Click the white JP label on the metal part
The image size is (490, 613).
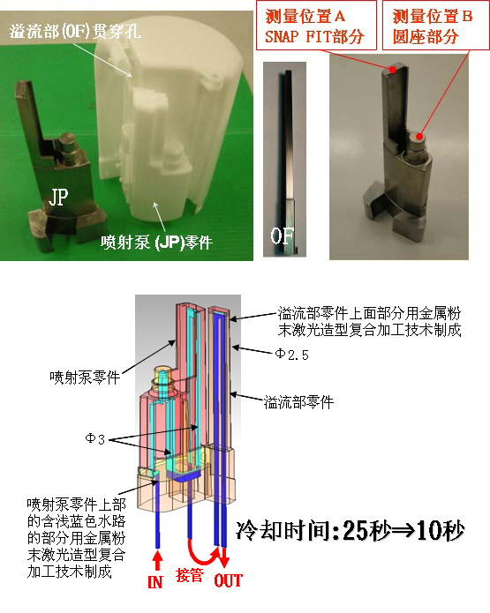tap(58, 197)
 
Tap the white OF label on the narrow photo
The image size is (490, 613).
tap(282, 235)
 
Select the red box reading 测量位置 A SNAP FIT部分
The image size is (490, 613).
tap(316, 26)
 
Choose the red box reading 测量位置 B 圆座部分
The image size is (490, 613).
tap(435, 26)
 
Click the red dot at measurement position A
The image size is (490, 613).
tap(393, 69)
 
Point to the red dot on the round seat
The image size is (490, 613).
tap(419, 136)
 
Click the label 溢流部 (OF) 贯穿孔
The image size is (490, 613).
tap(75, 31)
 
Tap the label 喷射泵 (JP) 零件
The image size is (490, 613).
tap(156, 243)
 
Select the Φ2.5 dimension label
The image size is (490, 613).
tap(291, 355)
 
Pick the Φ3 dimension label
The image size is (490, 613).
tap(95, 439)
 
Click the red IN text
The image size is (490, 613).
tap(155, 582)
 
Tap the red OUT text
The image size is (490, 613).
tap(228, 580)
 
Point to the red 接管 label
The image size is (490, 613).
tap(190, 575)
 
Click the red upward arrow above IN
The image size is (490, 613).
tap(157, 560)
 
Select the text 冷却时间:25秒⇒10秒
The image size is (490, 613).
tap(351, 530)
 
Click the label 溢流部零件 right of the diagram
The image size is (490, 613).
tap(299, 402)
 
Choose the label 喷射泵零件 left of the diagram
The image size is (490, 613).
tap(85, 378)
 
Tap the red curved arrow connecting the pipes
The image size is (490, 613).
tap(202, 555)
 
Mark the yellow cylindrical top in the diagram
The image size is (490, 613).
tap(162, 372)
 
